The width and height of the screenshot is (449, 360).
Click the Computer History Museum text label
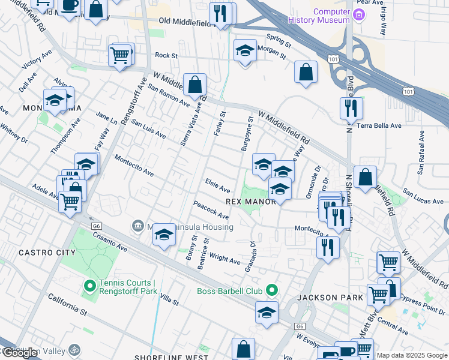[331, 16]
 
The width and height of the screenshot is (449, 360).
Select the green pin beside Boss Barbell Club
[271, 291]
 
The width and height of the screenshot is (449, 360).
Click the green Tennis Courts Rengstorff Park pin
[90, 286]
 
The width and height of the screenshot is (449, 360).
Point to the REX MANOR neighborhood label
[250, 202]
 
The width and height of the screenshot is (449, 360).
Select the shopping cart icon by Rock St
[120, 56]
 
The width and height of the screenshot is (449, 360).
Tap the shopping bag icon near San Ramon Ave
[195, 85]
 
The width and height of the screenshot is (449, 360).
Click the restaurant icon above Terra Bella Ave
[351, 108]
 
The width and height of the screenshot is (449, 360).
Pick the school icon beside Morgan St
[245, 52]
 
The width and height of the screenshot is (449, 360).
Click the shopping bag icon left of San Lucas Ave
[365, 177]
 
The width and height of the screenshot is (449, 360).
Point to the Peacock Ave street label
[211, 210]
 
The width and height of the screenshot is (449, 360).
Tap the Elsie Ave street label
[217, 185]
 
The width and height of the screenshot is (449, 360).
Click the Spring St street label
[279, 40]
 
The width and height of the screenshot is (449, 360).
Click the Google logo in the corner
[20, 353]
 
